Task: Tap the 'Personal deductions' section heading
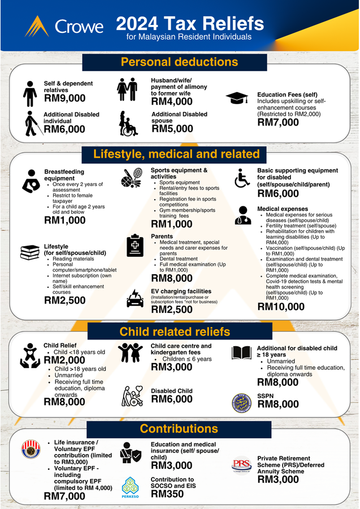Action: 179,62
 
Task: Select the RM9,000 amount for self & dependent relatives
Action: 65,98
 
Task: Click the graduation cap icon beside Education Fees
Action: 237,98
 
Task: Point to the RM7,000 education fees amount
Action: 278,122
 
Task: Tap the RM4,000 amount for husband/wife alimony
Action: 172,102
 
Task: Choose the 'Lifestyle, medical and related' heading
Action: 176,154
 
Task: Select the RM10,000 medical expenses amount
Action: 281,307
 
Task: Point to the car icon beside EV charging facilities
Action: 135,298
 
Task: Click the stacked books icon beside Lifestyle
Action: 29,252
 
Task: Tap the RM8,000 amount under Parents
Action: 172,278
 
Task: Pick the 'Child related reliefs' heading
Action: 175,331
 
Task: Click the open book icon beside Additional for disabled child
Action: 241,353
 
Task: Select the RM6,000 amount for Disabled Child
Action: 172,399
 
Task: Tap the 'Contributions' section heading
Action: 179,428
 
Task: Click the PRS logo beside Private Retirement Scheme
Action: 241,465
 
